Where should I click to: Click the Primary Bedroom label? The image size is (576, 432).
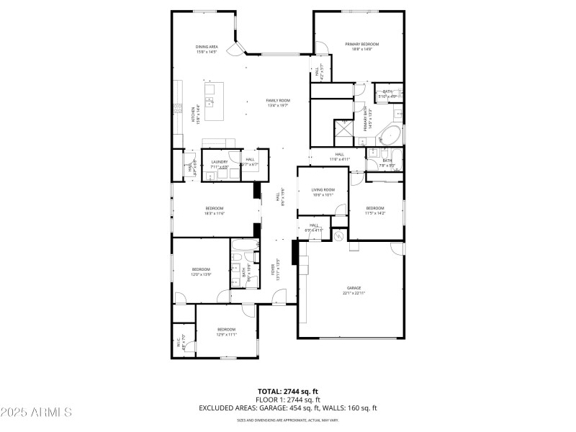click(x=362, y=44)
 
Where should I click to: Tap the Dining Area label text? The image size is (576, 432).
click(x=207, y=47)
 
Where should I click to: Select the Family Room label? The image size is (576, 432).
click(x=278, y=100)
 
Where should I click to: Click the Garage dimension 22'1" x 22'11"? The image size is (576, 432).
click(x=354, y=292)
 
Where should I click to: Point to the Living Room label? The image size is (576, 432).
click(x=323, y=189)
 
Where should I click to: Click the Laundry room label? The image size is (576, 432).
click(x=219, y=162)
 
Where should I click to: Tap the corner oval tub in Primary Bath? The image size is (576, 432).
click(x=392, y=135)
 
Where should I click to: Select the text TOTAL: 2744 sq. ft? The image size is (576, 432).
click(x=288, y=391)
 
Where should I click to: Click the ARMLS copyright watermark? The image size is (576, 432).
click(x=36, y=413)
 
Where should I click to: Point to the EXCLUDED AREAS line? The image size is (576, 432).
click(x=288, y=408)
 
